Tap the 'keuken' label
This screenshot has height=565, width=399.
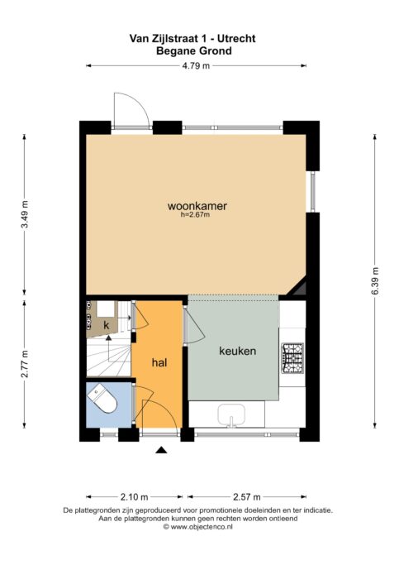click(x=237, y=351)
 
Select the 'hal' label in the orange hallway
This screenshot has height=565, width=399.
click(x=160, y=362)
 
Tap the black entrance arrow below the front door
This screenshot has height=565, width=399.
click(x=161, y=450)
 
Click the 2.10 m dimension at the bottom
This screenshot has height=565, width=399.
click(x=134, y=497)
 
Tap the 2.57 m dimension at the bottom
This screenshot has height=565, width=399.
click(x=245, y=497)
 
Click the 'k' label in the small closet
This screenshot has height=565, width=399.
click(x=106, y=323)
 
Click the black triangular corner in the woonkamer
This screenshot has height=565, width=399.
click(x=301, y=288)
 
